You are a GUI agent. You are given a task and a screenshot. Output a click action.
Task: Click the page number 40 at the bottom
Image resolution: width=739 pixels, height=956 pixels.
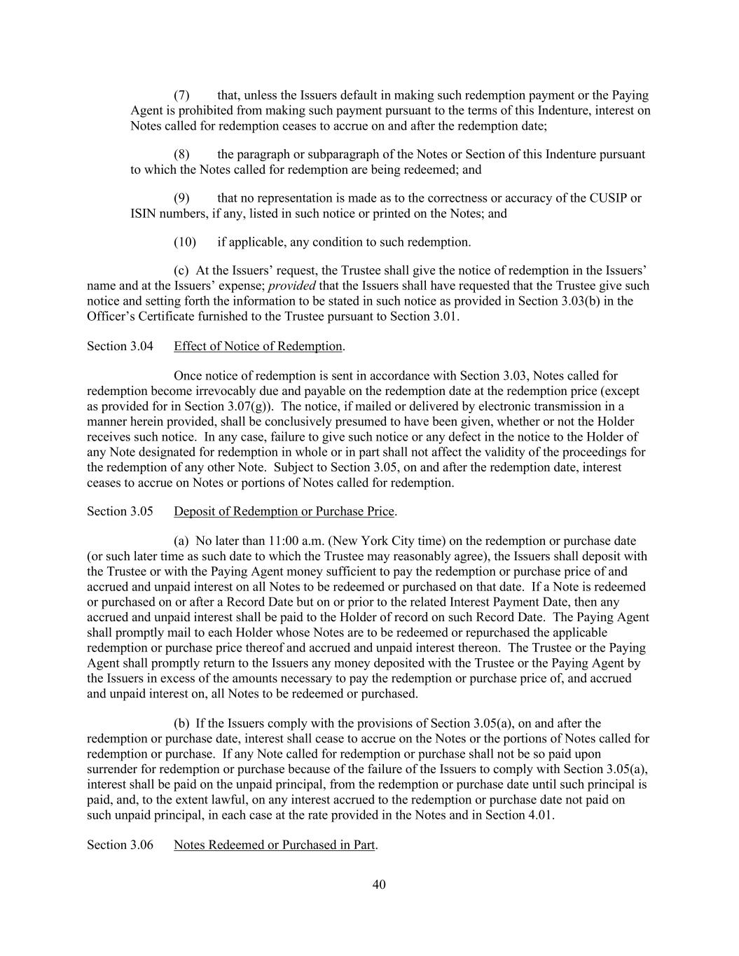[378, 885]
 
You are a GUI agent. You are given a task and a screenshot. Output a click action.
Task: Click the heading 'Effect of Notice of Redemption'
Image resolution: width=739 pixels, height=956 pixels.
[258, 346]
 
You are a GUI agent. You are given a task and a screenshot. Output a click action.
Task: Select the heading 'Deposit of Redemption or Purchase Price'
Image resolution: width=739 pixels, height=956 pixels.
[284, 511]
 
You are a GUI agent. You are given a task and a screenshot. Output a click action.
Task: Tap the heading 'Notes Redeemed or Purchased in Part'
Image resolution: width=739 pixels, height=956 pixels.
[275, 845]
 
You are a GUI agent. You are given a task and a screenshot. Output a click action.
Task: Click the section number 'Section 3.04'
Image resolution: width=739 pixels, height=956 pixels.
[120, 346]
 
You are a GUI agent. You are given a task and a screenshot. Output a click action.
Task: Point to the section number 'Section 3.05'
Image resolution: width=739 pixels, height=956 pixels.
[120, 511]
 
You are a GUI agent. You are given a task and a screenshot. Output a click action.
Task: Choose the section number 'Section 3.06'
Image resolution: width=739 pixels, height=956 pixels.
[120, 845]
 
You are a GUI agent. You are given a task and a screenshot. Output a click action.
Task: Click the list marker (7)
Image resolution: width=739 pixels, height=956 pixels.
[181, 95]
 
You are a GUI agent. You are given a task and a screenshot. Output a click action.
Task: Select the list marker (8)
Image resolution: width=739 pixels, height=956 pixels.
[181, 154]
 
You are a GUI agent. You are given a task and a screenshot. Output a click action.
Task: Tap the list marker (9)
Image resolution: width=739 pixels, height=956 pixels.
[181, 198]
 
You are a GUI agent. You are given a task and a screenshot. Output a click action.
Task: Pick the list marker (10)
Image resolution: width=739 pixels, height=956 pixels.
[184, 242]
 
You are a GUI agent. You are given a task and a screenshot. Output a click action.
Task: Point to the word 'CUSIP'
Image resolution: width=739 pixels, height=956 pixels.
[609, 198]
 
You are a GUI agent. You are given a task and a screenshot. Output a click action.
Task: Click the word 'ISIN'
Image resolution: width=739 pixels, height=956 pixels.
[143, 214]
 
